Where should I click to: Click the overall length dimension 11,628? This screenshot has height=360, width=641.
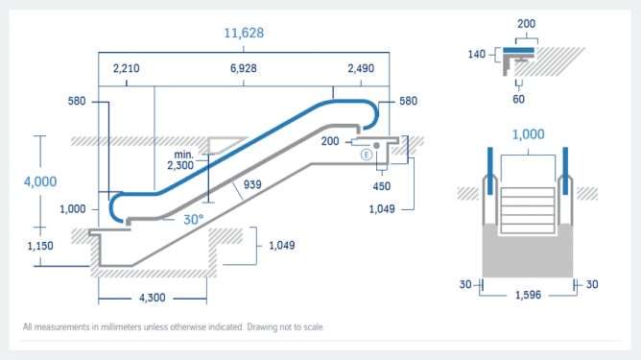(x=244, y=33)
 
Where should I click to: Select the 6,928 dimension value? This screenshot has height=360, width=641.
(x=243, y=68)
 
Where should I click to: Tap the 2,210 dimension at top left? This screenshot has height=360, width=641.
(x=127, y=68)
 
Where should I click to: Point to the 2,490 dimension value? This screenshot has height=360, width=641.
(x=361, y=68)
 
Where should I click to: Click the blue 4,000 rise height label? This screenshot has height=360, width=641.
(x=40, y=181)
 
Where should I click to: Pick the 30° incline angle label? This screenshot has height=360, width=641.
(x=193, y=220)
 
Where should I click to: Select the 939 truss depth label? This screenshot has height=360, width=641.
(x=252, y=184)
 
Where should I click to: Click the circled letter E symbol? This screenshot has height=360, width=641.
(x=366, y=155)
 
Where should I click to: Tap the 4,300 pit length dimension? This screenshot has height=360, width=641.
(x=152, y=298)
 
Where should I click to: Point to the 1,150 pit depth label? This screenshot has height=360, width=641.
(x=40, y=246)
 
